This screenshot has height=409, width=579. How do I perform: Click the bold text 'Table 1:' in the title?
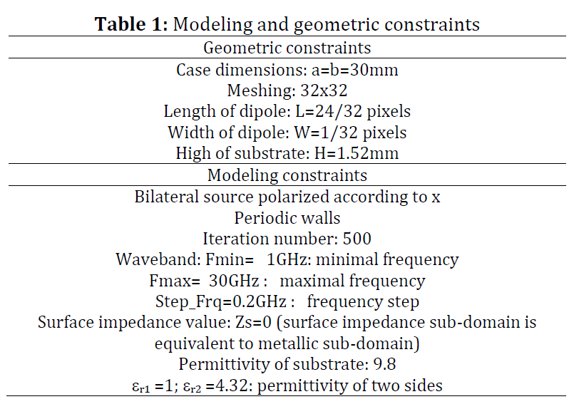pyautogui.click(x=131, y=24)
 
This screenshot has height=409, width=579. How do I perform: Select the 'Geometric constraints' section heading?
pyautogui.click(x=287, y=48)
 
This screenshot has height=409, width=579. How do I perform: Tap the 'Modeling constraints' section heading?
pyautogui.click(x=287, y=175)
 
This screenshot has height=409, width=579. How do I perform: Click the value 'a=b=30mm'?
pyautogui.click(x=355, y=70)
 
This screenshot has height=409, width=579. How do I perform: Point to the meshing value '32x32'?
pyautogui.click(x=324, y=90)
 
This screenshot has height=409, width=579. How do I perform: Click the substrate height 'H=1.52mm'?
pyautogui.click(x=357, y=153)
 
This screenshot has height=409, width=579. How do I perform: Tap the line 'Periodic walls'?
pyautogui.click(x=287, y=218)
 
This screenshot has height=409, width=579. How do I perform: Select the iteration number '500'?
pyautogui.click(x=357, y=239)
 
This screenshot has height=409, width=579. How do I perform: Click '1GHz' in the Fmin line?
pyautogui.click(x=287, y=259)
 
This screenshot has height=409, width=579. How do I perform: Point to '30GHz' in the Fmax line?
pyautogui.click(x=234, y=281)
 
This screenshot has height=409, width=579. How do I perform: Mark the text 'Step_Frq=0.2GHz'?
pyautogui.click(x=221, y=301)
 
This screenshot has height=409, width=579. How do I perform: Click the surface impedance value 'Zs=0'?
pyautogui.click(x=253, y=322)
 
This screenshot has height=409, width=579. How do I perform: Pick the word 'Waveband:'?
pyautogui.click(x=159, y=259)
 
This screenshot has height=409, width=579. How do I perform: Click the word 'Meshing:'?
pyautogui.click(x=261, y=90)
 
